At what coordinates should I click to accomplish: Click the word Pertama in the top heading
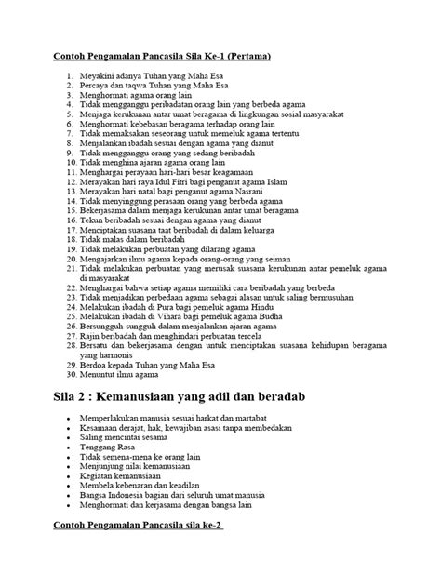pos(244,57)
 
